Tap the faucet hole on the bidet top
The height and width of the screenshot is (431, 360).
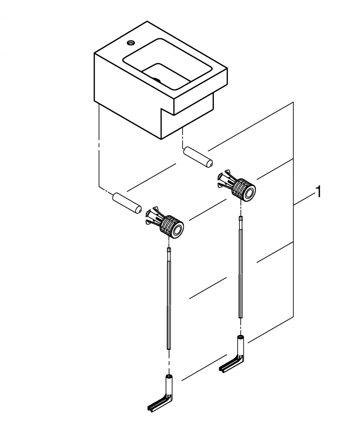point(131,43)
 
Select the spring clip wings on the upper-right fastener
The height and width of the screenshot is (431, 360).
point(224,180)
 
